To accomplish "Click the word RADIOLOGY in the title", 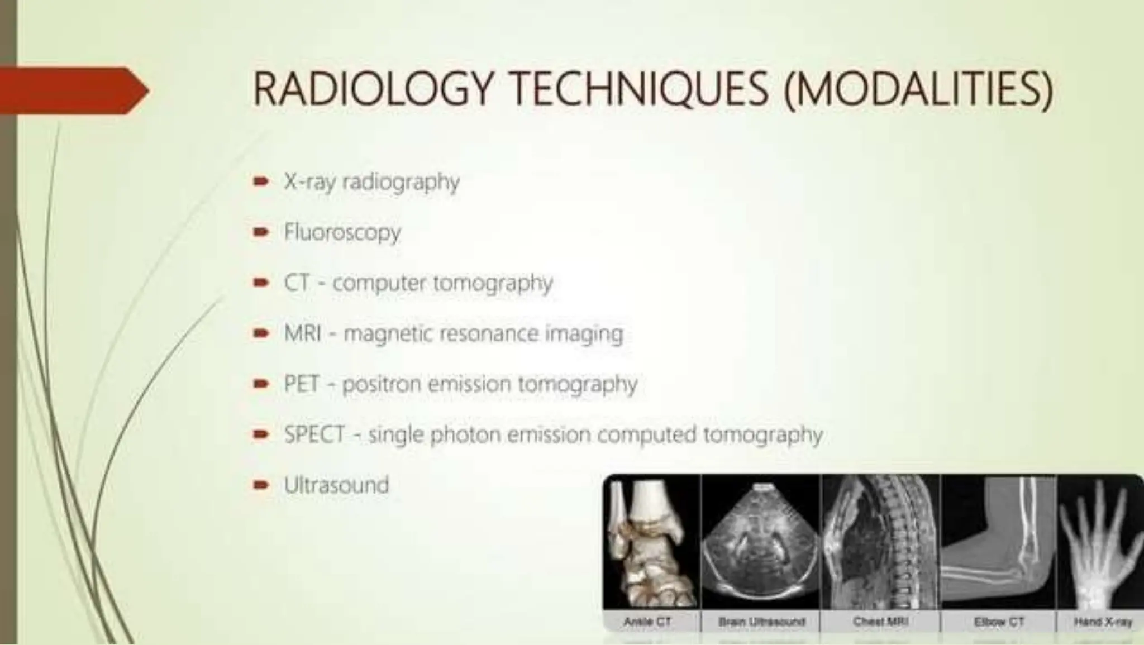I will [373, 89].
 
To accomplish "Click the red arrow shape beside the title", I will [73, 90].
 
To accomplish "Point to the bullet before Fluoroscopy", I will [261, 232].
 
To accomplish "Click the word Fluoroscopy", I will [342, 232].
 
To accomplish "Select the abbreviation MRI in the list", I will [302, 333].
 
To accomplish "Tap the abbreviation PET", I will [302, 384].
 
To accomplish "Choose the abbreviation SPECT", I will [314, 434].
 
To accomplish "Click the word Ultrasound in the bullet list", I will [336, 485].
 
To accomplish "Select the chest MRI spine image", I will [880, 542].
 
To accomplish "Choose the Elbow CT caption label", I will [999, 622].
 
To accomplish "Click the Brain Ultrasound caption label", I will [761, 622].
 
